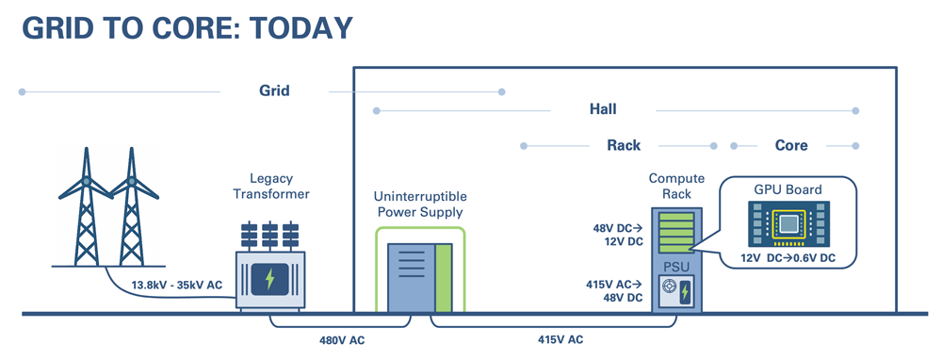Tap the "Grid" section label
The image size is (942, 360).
pyautogui.click(x=274, y=91)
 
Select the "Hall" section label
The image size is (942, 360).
pyautogui.click(x=603, y=110)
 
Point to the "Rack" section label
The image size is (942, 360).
pyautogui.click(x=624, y=145)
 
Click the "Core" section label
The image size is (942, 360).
pyautogui.click(x=791, y=145)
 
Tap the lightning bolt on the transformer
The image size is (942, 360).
pyautogui.click(x=271, y=280)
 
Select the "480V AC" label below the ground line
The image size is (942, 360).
pyautogui.click(x=341, y=340)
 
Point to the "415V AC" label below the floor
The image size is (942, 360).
pyautogui.click(x=561, y=340)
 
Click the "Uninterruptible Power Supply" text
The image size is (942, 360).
pyautogui.click(x=420, y=205)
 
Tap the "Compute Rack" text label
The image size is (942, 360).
pyautogui.click(x=671, y=187)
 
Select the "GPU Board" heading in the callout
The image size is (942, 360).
pyautogui.click(x=788, y=189)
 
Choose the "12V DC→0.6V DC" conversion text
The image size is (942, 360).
pyautogui.click(x=788, y=258)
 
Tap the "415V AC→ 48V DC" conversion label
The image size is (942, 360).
pyautogui.click(x=616, y=290)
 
